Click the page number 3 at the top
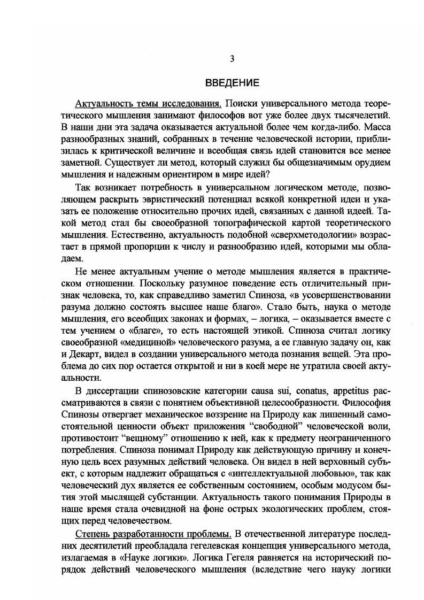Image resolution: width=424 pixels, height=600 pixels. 231,59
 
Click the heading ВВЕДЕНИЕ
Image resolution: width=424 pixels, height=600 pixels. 232,83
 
